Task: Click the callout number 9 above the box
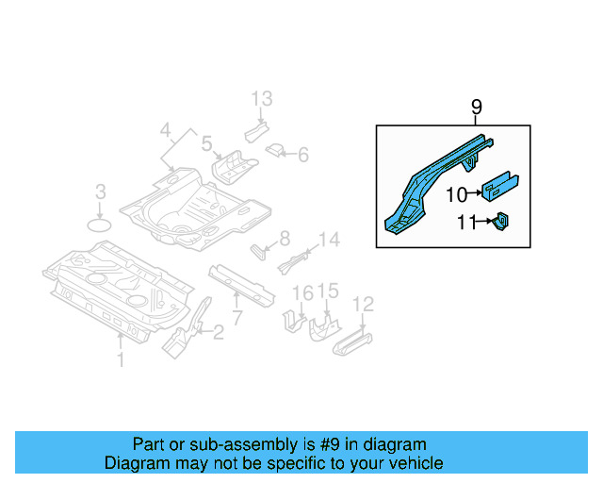[476, 108]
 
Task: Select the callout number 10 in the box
[456, 194]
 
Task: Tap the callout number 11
[466, 223]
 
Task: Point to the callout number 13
[261, 99]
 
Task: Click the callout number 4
[165, 129]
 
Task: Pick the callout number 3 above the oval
[101, 193]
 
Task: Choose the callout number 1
[120, 359]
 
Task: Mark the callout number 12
[363, 304]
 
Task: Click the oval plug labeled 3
[100, 225]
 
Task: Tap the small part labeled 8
[258, 251]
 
